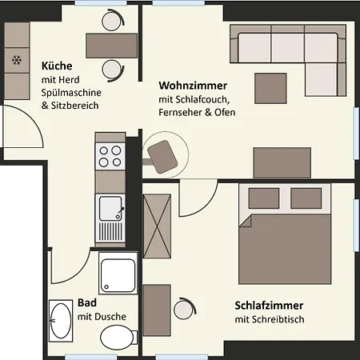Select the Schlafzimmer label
click(x=269, y=306)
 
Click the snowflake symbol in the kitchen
click(x=16, y=58)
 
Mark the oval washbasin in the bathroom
click(x=60, y=320)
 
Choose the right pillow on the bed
click(x=306, y=197)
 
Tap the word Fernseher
click(x=180, y=112)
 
